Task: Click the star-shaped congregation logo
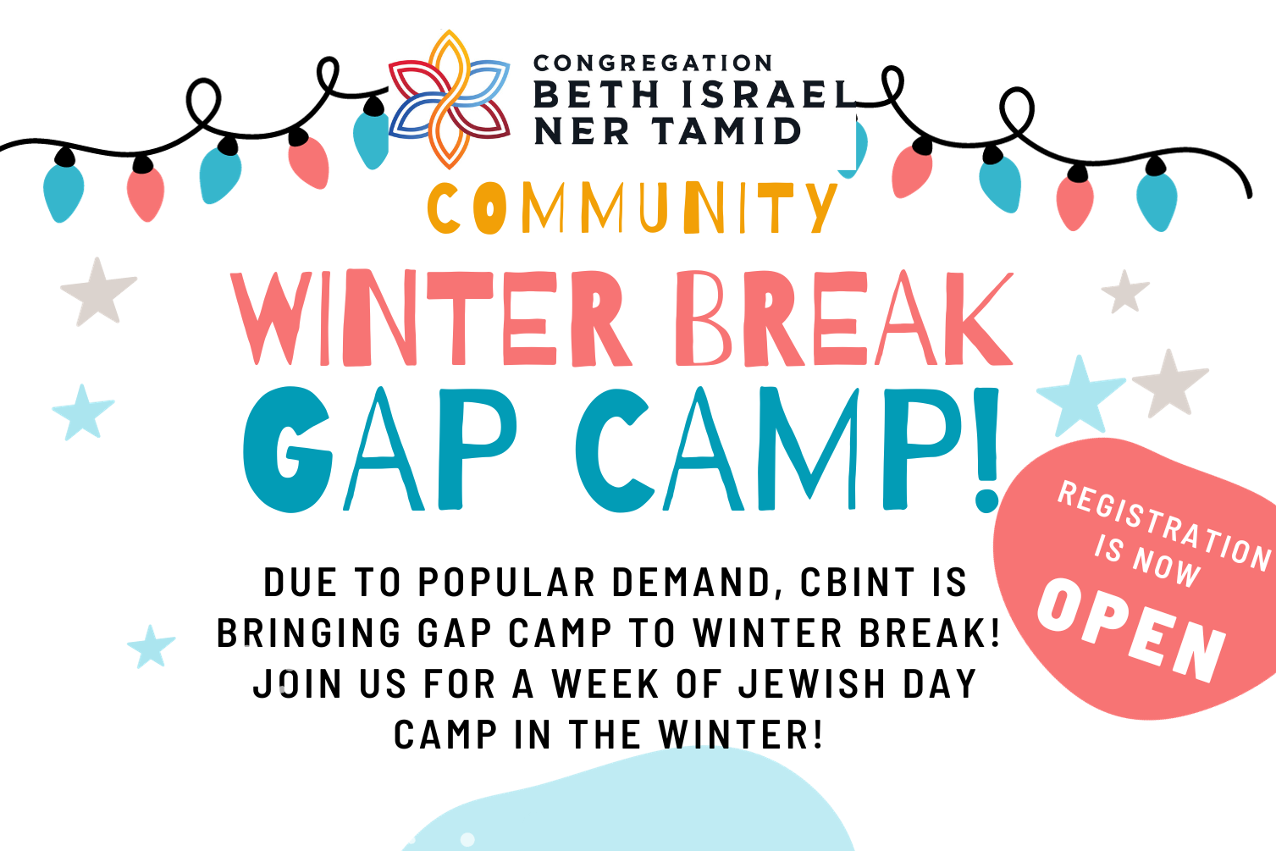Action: [450, 99]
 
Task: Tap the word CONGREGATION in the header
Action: [653, 64]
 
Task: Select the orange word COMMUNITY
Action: [632, 207]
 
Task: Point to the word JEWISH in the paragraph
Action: [812, 683]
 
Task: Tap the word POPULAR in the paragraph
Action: [507, 583]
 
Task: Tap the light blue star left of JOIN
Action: [151, 647]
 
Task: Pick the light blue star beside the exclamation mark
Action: [1080, 396]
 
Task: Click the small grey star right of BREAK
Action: [1125, 291]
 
